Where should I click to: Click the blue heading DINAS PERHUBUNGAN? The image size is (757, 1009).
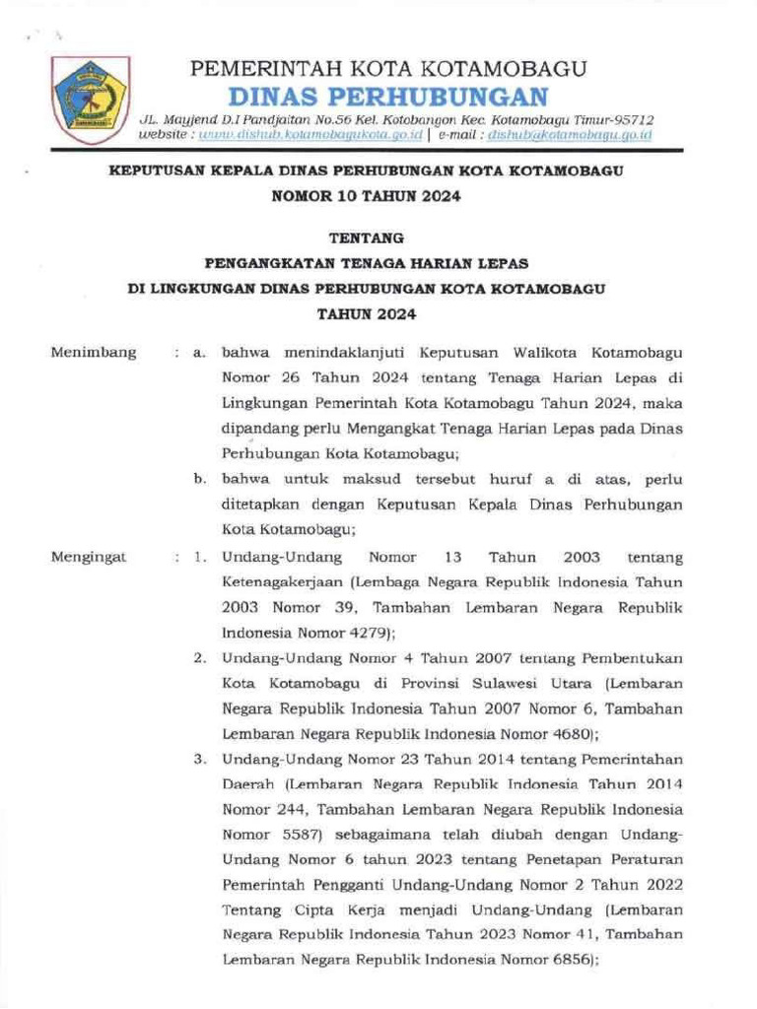click(x=387, y=97)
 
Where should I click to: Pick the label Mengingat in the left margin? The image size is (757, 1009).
click(x=90, y=557)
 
